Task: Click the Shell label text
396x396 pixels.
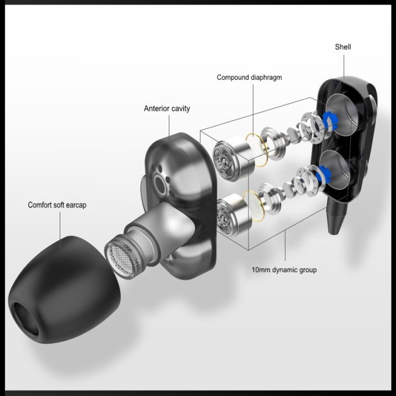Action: tap(343, 47)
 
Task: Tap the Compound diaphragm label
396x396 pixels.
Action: tap(249, 77)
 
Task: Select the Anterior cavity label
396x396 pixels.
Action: tap(167, 108)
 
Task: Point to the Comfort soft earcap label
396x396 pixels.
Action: tap(57, 205)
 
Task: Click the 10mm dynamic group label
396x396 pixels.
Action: tap(284, 270)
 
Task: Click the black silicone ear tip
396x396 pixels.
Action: tap(63, 290)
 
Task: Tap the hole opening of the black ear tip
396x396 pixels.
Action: tap(26, 319)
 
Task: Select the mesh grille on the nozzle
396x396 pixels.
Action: tap(119, 260)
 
